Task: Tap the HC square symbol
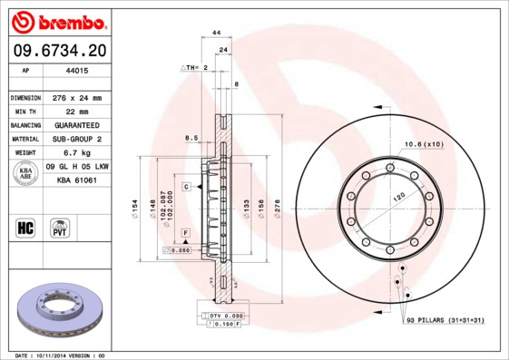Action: click(x=24, y=226)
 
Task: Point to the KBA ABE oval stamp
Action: click(x=24, y=174)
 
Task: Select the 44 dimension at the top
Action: click(x=216, y=33)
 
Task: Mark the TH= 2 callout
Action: click(x=196, y=68)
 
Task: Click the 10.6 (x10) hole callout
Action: click(x=423, y=144)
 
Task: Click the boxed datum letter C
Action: click(x=185, y=186)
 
